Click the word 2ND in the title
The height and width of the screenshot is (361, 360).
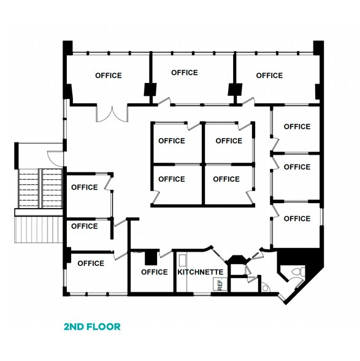tap(74, 327)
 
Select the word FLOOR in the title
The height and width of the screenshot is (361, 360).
tap(104, 327)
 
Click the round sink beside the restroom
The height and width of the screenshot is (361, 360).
tap(265, 286)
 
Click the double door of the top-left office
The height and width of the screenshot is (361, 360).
tap(111, 113)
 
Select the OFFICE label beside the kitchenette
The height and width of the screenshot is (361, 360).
tap(155, 272)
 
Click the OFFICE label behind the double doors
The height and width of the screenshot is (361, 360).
tap(109, 76)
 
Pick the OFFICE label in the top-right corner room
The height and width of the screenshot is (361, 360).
tap(269, 76)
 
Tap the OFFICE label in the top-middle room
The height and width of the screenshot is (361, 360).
tap(185, 72)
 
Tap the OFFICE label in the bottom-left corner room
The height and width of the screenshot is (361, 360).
tap(91, 263)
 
